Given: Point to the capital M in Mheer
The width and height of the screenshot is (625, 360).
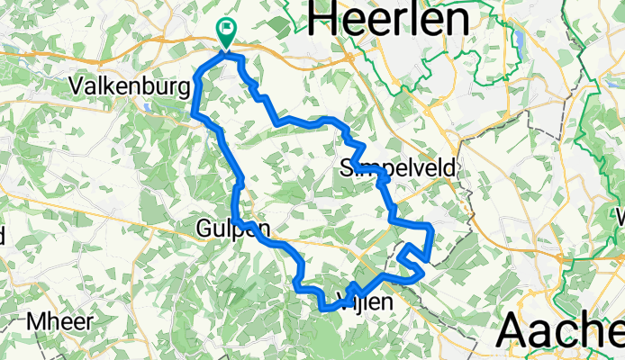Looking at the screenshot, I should pyautogui.click(x=35, y=321).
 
